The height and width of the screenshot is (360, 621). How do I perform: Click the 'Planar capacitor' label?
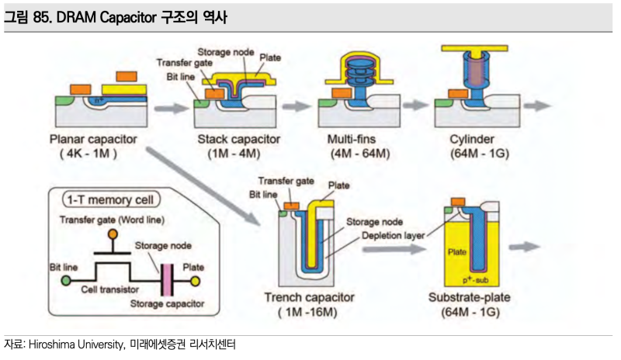click(92, 140)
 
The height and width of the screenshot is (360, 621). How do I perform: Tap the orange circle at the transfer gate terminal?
click(113, 234)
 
